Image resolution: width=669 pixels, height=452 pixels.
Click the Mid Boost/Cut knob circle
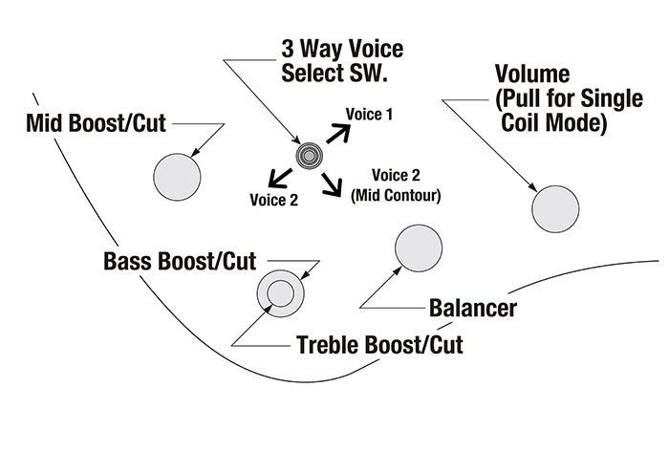coord(177,177)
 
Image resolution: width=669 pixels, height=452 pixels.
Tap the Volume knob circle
coord(555,209)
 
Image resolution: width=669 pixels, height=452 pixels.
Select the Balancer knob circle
coord(419,248)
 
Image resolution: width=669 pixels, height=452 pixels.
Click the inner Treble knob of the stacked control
coord(281,293)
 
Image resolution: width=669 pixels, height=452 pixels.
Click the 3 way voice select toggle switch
coord(310,157)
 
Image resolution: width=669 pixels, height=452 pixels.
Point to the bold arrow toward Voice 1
coord(338,134)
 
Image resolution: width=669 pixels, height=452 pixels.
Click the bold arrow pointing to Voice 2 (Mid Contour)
coord(332,184)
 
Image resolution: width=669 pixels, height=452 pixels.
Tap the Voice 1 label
coord(369,115)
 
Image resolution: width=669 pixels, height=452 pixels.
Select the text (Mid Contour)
coord(396,195)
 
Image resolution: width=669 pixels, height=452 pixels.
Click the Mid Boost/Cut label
coord(96,123)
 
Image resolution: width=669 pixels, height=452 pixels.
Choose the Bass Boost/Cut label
coord(180,261)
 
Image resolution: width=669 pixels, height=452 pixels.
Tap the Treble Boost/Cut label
coord(379,345)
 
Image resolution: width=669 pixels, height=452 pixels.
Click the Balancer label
coord(473,308)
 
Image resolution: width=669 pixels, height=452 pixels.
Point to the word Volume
coord(532,74)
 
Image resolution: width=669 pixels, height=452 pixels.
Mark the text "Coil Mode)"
coord(553,123)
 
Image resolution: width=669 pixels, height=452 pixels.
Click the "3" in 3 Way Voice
coord(288,49)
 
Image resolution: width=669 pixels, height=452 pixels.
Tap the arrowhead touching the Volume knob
coord(533,187)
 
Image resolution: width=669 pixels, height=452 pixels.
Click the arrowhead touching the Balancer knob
coord(398,270)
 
